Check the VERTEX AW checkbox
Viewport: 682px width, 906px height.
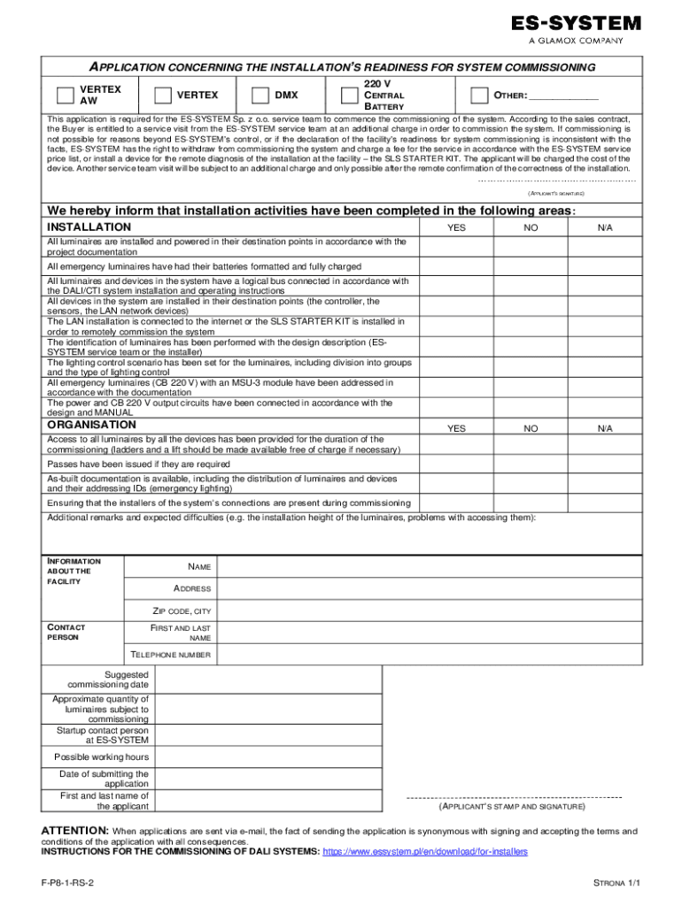tap(64, 96)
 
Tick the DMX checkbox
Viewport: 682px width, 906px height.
tap(260, 96)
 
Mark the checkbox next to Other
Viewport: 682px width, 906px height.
tap(479, 96)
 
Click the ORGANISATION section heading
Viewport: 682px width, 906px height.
tap(91, 425)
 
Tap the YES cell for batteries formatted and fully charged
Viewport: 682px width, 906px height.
tap(456, 266)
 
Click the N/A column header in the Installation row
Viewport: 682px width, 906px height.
tap(604, 228)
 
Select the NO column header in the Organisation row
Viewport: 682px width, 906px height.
tap(531, 428)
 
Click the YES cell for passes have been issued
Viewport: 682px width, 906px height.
tap(456, 464)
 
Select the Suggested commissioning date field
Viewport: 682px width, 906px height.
tap(266, 679)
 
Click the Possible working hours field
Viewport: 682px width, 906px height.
tap(266, 757)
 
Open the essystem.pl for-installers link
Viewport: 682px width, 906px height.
tap(425, 851)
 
